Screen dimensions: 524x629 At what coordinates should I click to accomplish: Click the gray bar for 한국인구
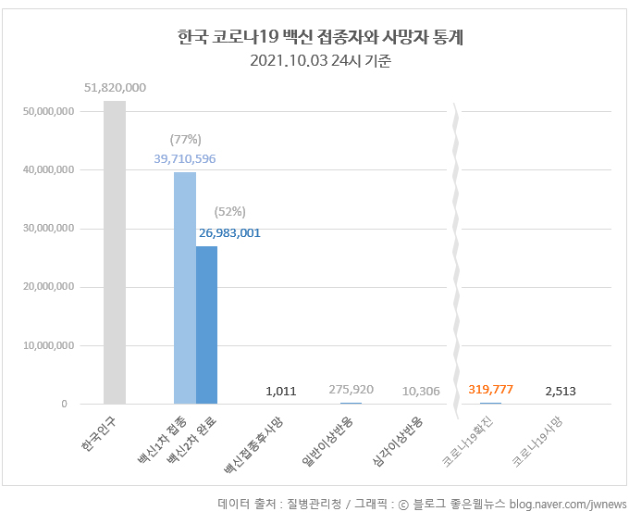[115, 252]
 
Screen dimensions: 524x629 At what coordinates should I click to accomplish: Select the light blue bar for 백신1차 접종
[185, 288]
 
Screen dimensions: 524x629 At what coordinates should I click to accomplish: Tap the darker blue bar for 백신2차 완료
[206, 325]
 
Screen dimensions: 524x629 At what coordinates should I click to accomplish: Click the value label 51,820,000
[115, 87]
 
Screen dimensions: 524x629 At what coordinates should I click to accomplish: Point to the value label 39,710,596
[185, 158]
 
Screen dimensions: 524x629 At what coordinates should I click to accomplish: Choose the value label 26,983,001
[228, 232]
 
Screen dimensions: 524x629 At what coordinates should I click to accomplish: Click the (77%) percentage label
[185, 139]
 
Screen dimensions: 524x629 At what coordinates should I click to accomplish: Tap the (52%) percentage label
[228, 212]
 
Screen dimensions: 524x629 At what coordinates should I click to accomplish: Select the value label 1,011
[280, 391]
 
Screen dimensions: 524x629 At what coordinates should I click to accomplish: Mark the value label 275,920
[351, 390]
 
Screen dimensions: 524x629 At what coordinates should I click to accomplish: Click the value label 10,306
[421, 391]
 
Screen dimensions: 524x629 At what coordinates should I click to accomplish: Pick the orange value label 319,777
[490, 389]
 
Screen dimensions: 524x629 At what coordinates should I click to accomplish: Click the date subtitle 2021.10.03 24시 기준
[320, 62]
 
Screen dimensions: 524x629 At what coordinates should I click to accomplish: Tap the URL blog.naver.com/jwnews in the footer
[566, 504]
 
